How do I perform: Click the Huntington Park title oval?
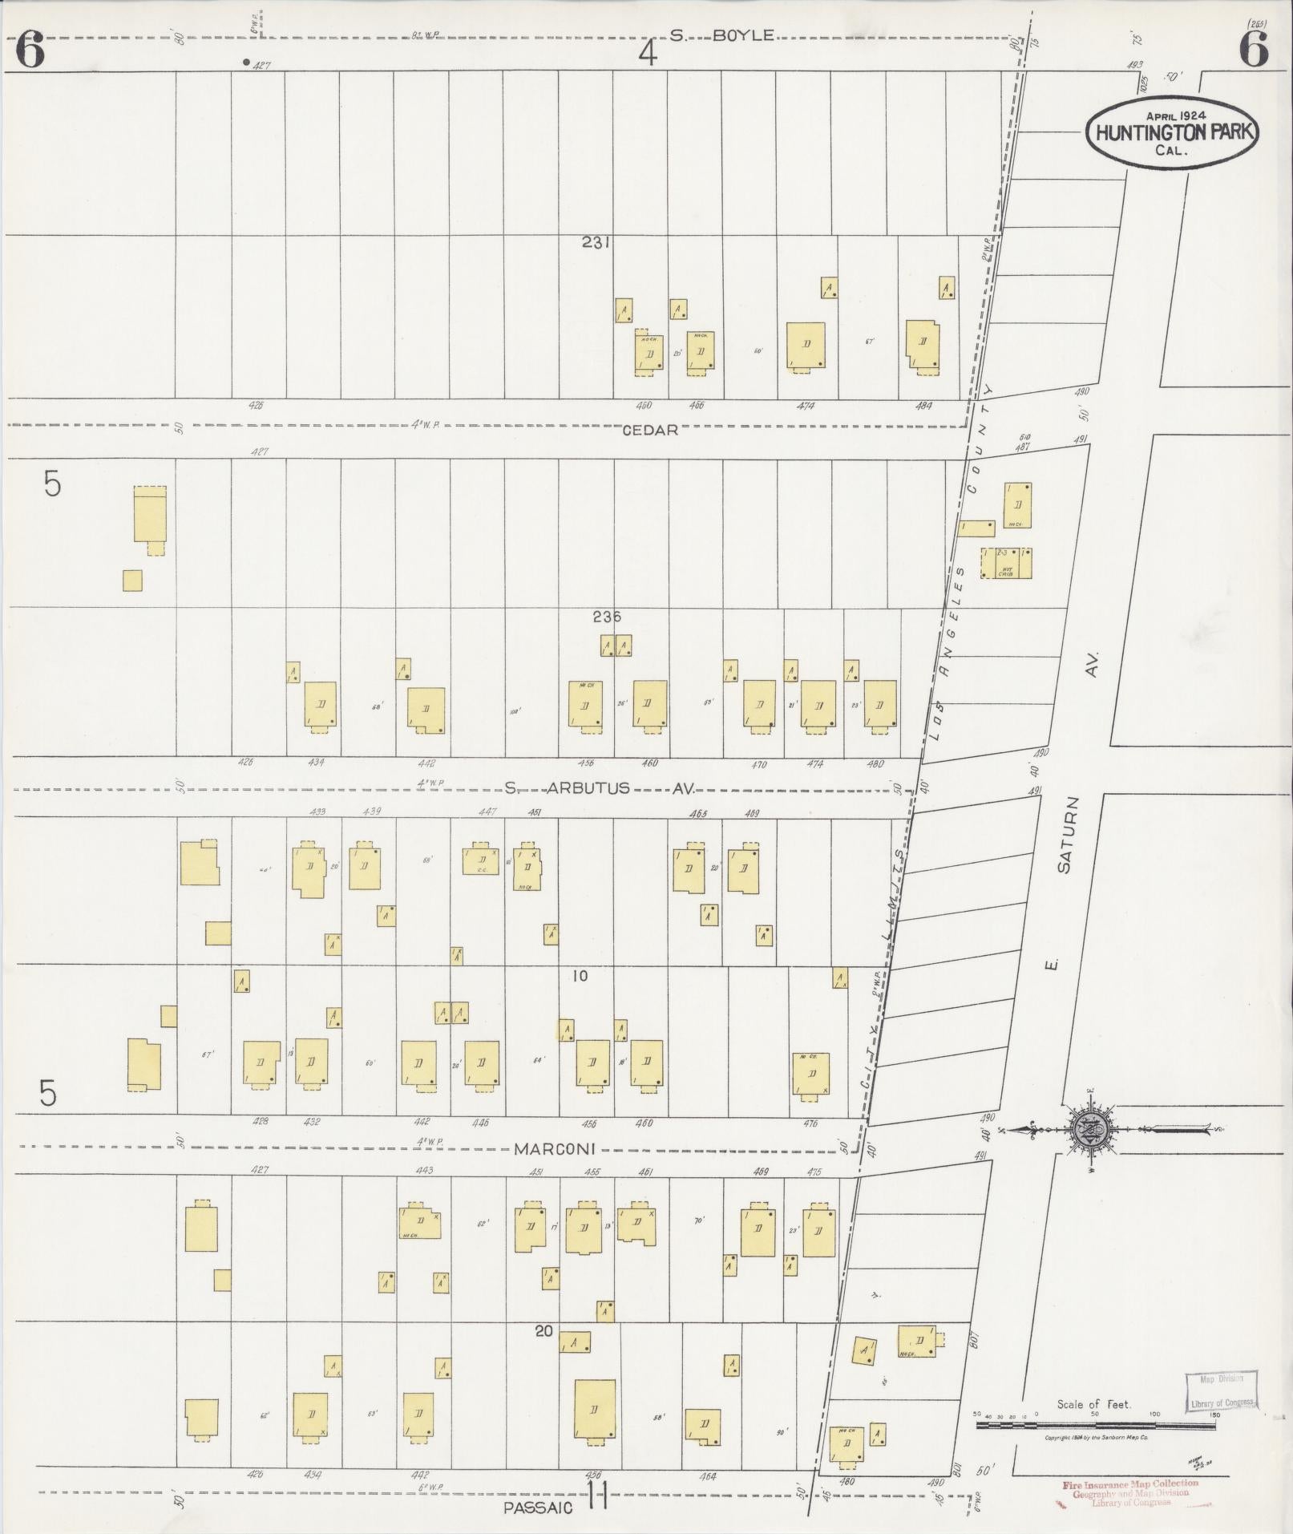1171,133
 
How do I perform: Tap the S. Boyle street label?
722,35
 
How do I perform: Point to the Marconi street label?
554,1149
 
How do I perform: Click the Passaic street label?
538,1507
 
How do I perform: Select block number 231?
596,241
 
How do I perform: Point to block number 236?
606,617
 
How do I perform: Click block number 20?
543,1331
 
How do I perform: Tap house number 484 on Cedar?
923,407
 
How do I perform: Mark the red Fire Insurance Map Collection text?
1130,1484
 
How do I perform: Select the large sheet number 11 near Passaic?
598,1494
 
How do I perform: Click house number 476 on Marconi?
810,1123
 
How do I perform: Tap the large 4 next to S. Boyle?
648,55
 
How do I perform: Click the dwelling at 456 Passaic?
595,1411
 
